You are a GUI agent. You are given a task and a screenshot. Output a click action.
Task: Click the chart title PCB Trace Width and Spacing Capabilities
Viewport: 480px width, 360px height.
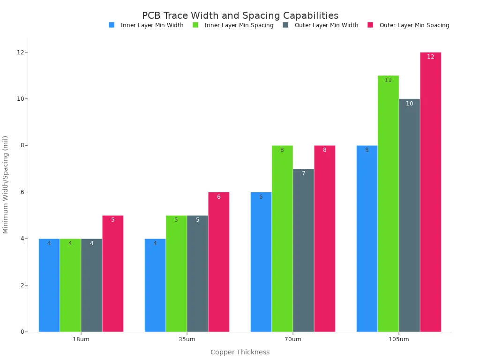pyautogui.click(x=240, y=16)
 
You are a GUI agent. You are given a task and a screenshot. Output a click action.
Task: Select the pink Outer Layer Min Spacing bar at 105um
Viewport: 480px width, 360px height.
pyautogui.click(x=430, y=192)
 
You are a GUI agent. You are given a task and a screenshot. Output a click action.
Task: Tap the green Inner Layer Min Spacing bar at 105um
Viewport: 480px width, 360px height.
pyautogui.click(x=388, y=203)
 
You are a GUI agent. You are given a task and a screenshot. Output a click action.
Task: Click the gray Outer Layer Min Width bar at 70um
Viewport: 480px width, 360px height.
pyautogui.click(x=303, y=250)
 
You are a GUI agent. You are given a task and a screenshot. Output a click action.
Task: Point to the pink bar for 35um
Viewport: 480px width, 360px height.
pyautogui.click(x=219, y=262)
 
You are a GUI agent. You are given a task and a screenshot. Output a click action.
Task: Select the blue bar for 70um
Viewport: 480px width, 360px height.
pyautogui.click(x=261, y=262)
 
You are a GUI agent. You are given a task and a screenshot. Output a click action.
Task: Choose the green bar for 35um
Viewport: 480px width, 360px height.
pyautogui.click(x=176, y=274)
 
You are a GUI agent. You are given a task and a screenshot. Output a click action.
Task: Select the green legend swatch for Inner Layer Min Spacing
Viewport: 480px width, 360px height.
pyautogui.click(x=195, y=25)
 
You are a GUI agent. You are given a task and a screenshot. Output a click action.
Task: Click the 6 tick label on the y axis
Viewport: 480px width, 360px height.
pyautogui.click(x=22, y=192)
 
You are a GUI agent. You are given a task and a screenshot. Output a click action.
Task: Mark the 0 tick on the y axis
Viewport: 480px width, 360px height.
pyautogui.click(x=22, y=332)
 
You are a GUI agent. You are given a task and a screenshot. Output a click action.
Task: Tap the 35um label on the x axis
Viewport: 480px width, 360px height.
pyautogui.click(x=187, y=339)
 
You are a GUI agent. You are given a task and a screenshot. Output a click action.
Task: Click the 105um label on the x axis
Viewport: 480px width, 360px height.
pyautogui.click(x=399, y=339)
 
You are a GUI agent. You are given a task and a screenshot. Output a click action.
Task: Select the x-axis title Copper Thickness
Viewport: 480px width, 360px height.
pyautogui.click(x=240, y=352)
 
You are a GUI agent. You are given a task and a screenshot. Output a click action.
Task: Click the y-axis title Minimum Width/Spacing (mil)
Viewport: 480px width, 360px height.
pyautogui.click(x=6, y=184)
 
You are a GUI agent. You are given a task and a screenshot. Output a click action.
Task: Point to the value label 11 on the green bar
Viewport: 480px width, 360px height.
pyautogui.click(x=388, y=80)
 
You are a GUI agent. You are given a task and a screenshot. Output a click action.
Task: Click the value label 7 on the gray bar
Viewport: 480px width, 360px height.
pyautogui.click(x=303, y=173)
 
